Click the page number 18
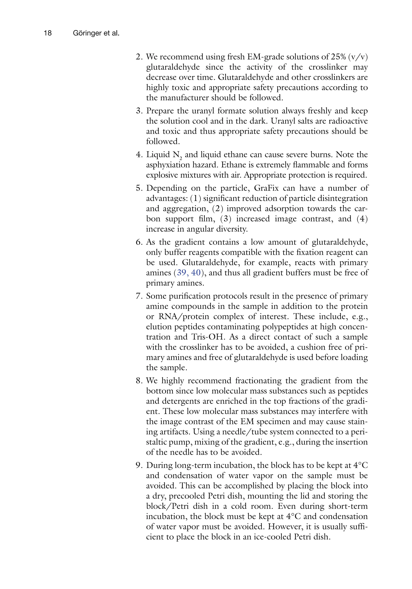point(48,33)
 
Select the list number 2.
point(139,57)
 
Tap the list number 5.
point(139,188)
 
